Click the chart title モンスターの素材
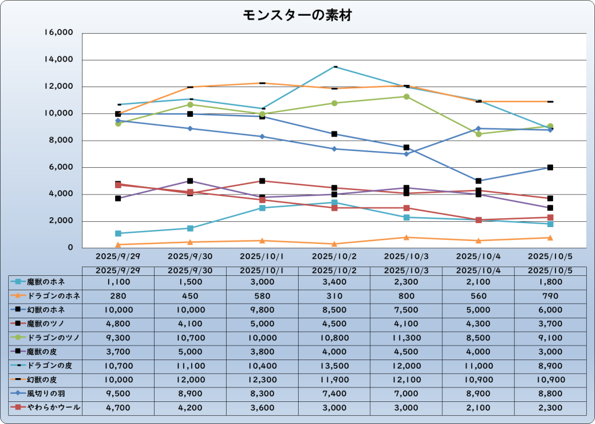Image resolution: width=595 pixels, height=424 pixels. click(x=297, y=16)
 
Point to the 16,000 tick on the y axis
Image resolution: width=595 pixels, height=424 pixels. click(x=59, y=33)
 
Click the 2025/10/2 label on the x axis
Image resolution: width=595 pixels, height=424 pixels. click(x=334, y=256)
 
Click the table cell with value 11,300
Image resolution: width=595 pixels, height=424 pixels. click(x=406, y=338)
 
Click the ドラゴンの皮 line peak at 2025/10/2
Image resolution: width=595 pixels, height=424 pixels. click(x=334, y=67)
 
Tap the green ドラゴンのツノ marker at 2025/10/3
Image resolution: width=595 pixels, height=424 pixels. click(x=406, y=96)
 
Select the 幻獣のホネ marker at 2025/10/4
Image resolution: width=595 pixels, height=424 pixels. click(x=478, y=181)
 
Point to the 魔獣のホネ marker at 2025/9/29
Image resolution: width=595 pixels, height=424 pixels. click(x=118, y=233)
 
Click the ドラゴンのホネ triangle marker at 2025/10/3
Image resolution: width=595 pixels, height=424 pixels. click(x=406, y=237)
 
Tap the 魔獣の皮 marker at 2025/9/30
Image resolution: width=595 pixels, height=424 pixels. click(x=190, y=181)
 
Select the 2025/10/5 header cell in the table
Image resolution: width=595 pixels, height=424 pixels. click(x=550, y=271)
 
